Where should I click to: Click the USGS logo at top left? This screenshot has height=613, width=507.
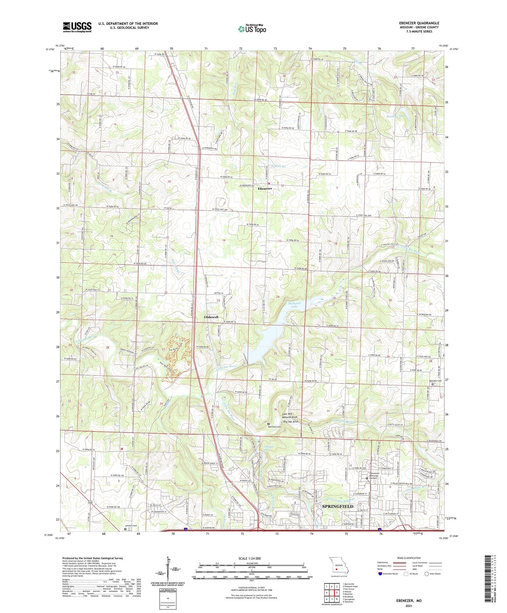77,27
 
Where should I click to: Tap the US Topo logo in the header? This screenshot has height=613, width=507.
252,28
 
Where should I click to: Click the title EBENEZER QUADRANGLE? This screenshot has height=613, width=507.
419,23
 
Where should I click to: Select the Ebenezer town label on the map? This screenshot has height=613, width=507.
265,189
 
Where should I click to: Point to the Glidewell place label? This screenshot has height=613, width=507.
211,317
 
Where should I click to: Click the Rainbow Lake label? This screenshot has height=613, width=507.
396,116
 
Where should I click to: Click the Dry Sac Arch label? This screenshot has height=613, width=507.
291,422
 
